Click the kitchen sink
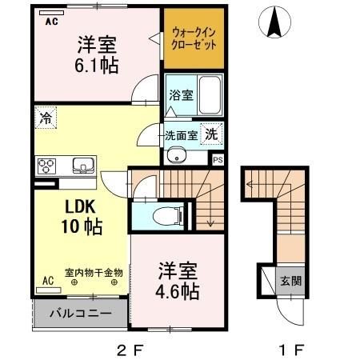point(82,166)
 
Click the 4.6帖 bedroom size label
point(177,292)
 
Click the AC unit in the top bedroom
point(50,22)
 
